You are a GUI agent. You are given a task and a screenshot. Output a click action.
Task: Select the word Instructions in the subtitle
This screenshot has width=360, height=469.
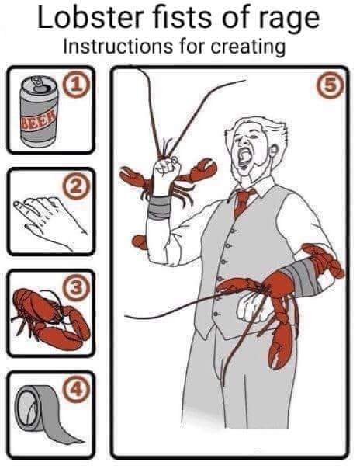click(x=118, y=47)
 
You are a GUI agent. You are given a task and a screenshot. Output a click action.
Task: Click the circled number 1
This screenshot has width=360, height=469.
click(x=77, y=86)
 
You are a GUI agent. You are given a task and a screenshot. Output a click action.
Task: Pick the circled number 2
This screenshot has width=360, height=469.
click(x=76, y=187)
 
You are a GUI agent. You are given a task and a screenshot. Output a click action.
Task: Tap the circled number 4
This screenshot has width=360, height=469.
click(x=75, y=390)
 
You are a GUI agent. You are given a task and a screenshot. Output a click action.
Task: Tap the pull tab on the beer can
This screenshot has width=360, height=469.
click(x=39, y=83)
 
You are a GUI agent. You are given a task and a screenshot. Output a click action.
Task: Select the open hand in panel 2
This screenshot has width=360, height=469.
click(x=50, y=221)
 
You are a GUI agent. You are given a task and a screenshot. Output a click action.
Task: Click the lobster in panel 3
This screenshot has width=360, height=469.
click(x=50, y=318)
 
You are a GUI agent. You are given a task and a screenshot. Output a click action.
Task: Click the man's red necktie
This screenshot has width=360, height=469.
click(x=242, y=202)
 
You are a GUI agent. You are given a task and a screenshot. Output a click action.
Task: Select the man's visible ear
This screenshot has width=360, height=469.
click(x=274, y=151)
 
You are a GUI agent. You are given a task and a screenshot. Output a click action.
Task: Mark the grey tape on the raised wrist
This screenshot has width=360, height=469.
click(x=160, y=207)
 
